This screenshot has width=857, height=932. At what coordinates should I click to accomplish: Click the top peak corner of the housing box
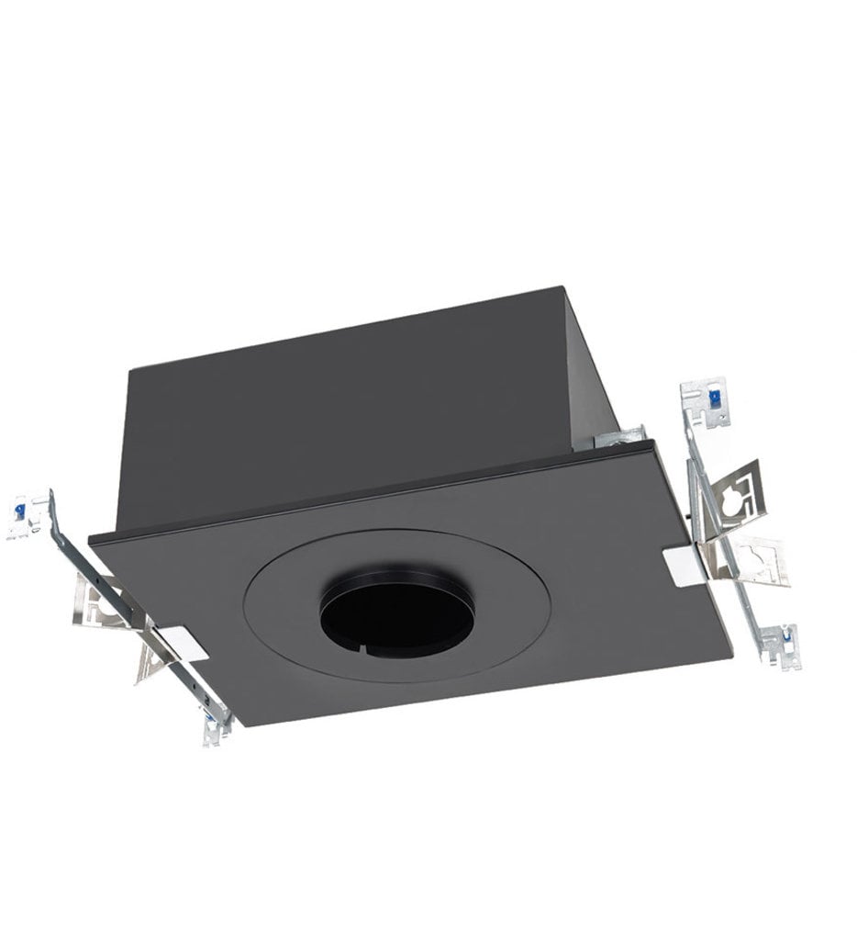click(x=562, y=288)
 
